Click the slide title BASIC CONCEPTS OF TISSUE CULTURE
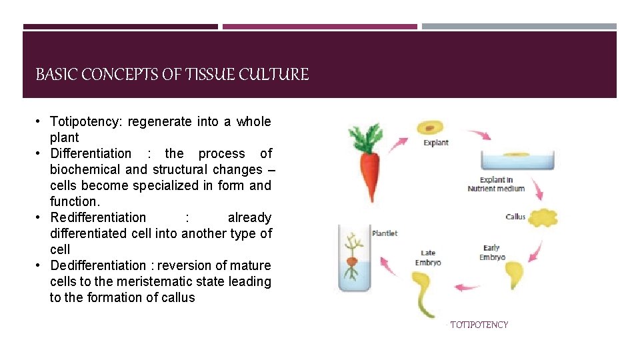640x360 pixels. coord(172,75)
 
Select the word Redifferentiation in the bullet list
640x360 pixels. coord(98,218)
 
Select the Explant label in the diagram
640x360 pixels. coord(436,143)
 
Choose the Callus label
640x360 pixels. coord(516,217)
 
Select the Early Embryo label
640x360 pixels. coord(492,253)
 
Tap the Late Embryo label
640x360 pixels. coord(428,257)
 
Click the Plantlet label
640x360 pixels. coord(385,233)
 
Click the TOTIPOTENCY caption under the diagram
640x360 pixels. coord(479,325)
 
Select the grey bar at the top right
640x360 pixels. coord(519,27)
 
